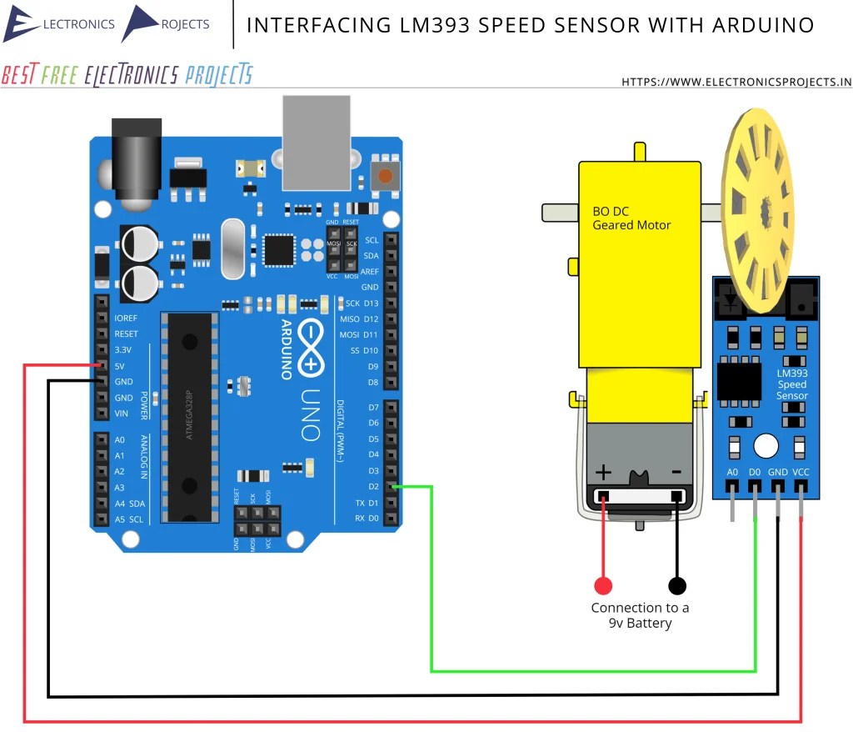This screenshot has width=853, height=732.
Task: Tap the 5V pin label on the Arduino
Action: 121,365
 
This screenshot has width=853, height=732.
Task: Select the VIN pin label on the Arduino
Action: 122,414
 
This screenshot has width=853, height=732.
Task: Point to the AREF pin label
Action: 369,271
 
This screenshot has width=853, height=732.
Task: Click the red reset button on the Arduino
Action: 385,176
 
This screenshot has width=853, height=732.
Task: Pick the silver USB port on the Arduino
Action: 317,142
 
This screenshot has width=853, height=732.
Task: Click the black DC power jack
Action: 134,163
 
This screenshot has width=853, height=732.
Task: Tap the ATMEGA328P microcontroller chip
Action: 191,417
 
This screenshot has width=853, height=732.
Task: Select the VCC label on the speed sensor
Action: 801,472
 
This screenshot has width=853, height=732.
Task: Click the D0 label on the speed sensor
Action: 755,472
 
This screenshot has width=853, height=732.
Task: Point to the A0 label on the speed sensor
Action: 732,472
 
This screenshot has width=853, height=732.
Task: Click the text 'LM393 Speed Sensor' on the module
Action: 791,384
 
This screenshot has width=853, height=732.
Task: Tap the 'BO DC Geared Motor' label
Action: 631,218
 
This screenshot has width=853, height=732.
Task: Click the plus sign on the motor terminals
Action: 602,473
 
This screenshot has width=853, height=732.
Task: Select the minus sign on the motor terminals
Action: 676,473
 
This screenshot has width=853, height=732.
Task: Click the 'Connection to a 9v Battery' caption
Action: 640,615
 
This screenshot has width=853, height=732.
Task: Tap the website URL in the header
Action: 736,82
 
